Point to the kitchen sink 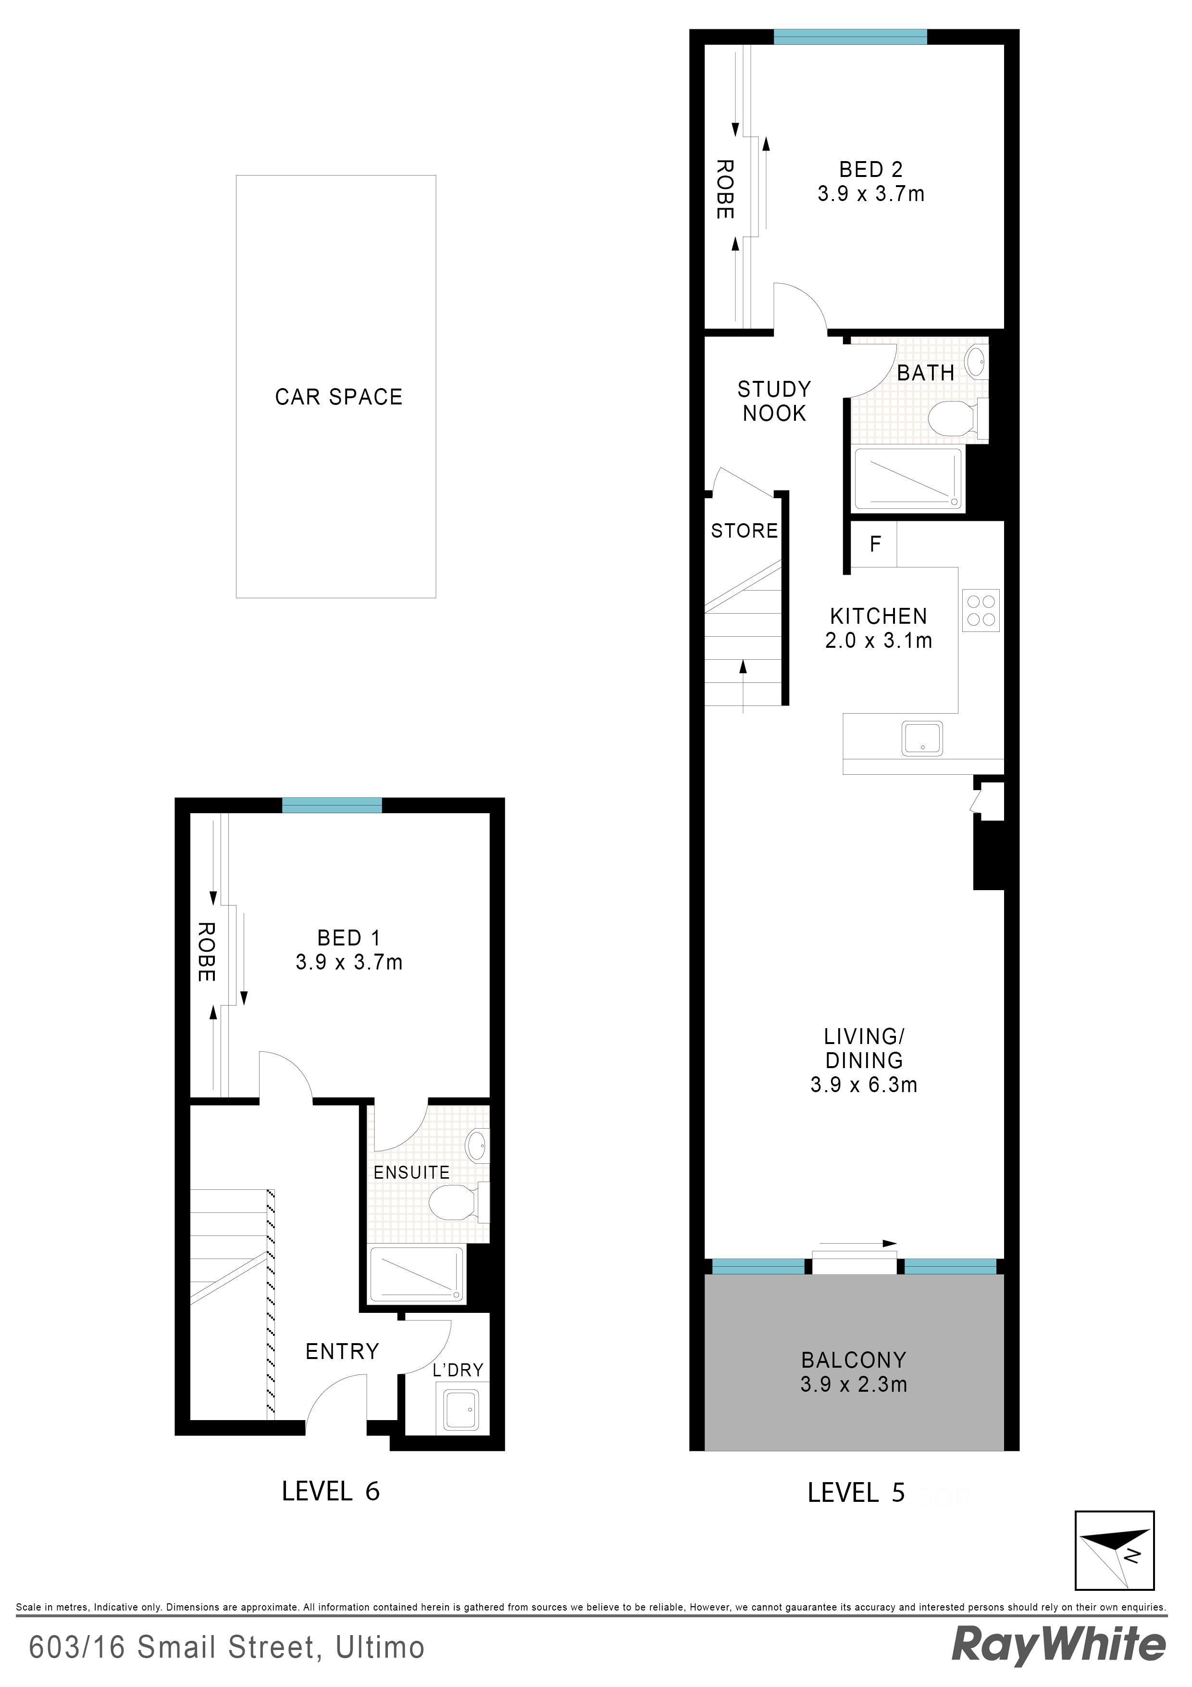coord(922,739)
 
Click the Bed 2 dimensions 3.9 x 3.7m coord(871,194)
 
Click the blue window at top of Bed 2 coord(850,37)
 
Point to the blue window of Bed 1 coord(332,806)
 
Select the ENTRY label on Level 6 coord(342,1351)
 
